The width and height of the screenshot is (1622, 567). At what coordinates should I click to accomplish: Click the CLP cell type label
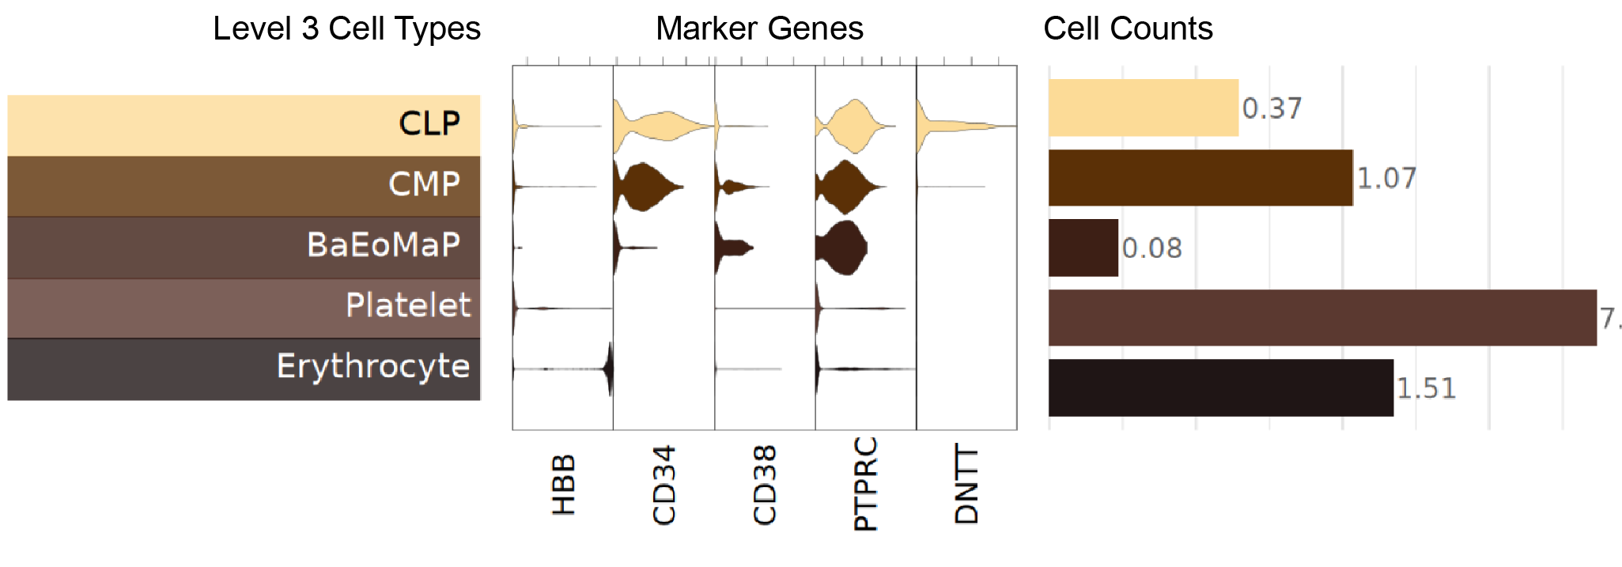tap(429, 124)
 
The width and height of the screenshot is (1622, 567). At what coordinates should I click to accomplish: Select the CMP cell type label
tap(424, 185)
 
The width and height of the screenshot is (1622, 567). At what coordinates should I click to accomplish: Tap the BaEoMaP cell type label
tap(384, 245)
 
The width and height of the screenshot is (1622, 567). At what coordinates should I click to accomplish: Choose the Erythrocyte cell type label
tap(373, 367)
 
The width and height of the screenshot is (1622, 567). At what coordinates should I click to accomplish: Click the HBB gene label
tap(563, 485)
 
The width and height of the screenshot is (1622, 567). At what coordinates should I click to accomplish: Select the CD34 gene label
tap(664, 485)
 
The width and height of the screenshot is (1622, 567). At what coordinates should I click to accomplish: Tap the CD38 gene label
tap(765, 485)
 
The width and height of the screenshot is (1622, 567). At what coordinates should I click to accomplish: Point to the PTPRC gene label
tap(866, 483)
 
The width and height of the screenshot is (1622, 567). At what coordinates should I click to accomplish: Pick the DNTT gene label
tap(966, 483)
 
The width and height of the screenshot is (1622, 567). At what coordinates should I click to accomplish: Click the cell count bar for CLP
tap(1143, 108)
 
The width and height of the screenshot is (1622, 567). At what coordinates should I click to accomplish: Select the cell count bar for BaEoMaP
tap(1083, 248)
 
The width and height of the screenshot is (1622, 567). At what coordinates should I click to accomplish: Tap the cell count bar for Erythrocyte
tap(1220, 387)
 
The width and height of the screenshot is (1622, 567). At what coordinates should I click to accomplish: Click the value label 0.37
tap(1272, 108)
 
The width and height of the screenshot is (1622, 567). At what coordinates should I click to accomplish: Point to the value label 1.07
tap(1386, 178)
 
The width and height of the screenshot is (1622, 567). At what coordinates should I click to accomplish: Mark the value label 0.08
tap(1152, 248)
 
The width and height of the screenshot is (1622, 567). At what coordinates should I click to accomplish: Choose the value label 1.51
tap(1426, 388)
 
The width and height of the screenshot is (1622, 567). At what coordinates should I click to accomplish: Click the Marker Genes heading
tap(759, 29)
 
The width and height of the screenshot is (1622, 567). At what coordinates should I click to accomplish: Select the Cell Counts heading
tap(1128, 29)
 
